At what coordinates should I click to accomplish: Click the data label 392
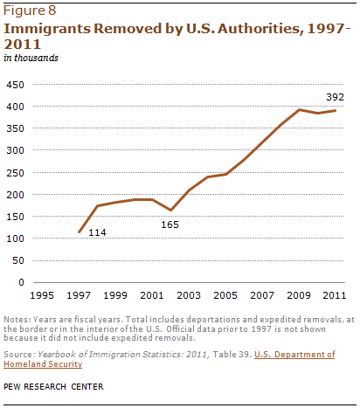click(335, 97)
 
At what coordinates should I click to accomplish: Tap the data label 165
click(170, 225)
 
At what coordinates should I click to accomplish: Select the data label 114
click(97, 232)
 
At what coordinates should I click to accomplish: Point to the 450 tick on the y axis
click(15, 85)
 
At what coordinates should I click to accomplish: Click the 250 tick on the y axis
click(15, 173)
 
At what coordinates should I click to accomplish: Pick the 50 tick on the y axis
click(18, 260)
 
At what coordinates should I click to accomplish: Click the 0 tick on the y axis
click(21, 282)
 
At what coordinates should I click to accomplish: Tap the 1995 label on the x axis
click(42, 295)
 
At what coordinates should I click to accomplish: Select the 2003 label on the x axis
click(189, 295)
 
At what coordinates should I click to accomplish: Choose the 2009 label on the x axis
click(299, 295)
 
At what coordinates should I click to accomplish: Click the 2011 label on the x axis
click(335, 295)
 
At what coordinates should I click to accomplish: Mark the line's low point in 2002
click(170, 210)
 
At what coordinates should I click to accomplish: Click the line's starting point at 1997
click(79, 232)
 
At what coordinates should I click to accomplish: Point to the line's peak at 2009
click(299, 109)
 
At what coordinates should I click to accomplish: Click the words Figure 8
click(30, 10)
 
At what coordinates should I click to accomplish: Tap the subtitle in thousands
click(31, 58)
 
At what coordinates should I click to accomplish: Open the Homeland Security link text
click(43, 364)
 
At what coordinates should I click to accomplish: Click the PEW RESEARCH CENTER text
click(53, 386)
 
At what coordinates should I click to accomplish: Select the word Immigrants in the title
click(47, 29)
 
